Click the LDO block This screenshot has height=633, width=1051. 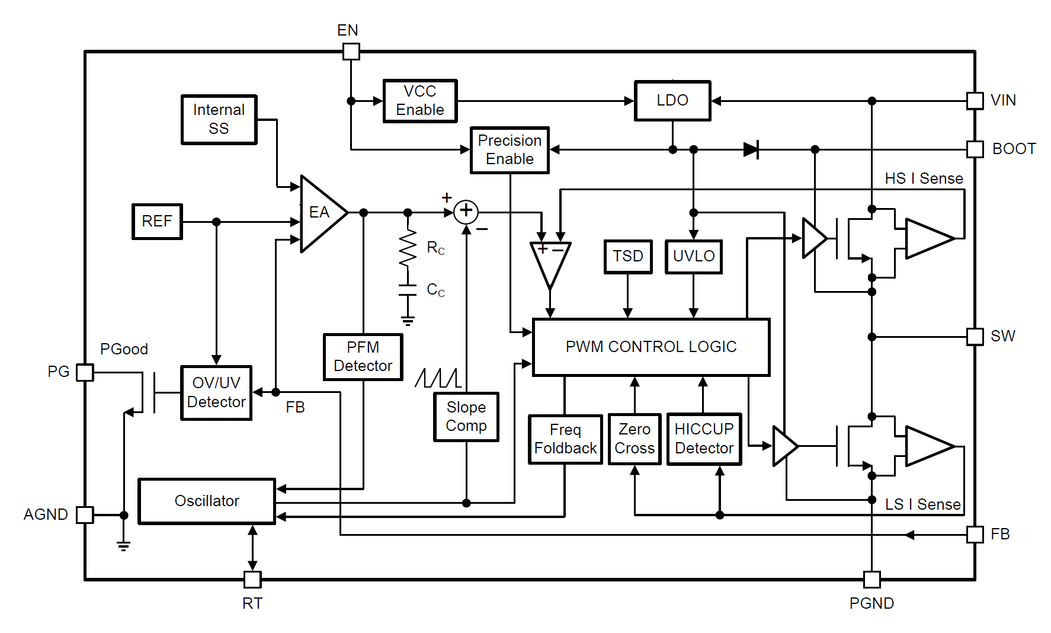672,101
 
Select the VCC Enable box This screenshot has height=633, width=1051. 420,101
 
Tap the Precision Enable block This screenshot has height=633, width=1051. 510,150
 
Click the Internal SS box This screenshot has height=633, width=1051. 219,119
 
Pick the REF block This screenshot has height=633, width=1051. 157,221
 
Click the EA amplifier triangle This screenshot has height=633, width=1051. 321,213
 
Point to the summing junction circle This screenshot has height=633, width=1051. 466,211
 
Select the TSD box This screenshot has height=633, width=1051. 628,256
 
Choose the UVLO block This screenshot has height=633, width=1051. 694,256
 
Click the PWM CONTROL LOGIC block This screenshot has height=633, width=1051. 651,347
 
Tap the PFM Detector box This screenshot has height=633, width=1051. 363,357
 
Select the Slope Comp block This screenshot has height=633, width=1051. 466,417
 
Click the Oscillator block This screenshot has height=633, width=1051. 207,501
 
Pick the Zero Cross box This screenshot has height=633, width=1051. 635,439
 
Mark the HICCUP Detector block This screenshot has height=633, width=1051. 704,439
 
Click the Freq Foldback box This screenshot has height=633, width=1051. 565,439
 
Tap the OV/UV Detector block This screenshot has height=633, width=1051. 216,392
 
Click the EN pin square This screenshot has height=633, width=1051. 351,52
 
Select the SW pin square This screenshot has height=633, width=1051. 975,337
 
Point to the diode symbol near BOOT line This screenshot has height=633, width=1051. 751,149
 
